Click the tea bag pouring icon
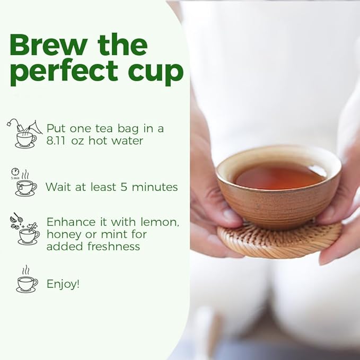click(x=24, y=133)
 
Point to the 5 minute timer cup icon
click(x=24, y=182)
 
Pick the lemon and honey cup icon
click(x=25, y=229)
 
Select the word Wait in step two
click(x=57, y=187)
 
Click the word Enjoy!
click(x=63, y=284)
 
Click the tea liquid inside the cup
click(x=279, y=176)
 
